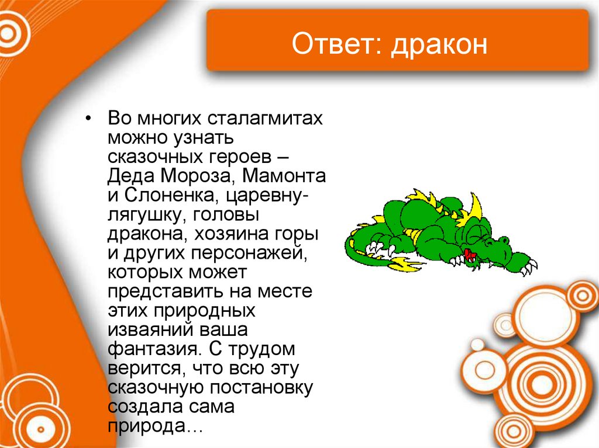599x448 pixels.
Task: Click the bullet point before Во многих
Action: (88, 119)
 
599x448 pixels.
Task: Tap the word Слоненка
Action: (164, 196)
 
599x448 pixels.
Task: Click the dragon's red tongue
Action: (469, 253)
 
